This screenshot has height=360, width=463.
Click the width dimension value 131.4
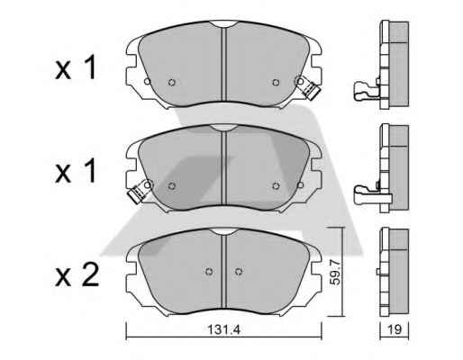pyautogui.click(x=224, y=330)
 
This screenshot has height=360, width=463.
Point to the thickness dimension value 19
pyautogui.click(x=395, y=330)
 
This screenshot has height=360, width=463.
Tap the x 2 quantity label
pyautogui.click(x=77, y=274)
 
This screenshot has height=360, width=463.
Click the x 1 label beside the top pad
pyautogui.click(x=76, y=67)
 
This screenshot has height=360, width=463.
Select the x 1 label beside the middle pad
pyautogui.click(x=76, y=171)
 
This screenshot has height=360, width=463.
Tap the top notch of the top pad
pyautogui.click(x=222, y=24)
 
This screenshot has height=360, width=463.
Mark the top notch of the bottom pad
pyautogui.click(x=222, y=231)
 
